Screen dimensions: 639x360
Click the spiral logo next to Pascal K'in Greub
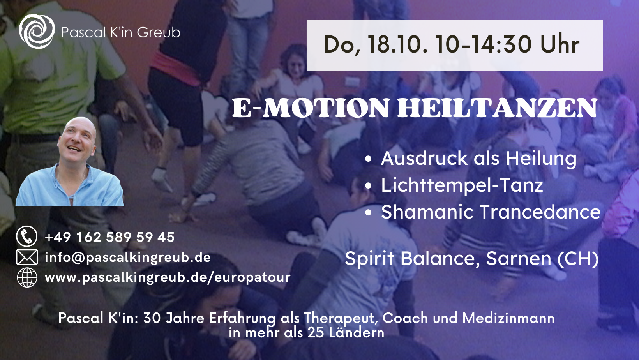(37, 32)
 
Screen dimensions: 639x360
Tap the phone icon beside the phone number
(27, 236)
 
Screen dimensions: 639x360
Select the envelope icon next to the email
(27, 257)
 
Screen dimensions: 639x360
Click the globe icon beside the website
(27, 277)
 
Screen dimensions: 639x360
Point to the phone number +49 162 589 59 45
(109, 237)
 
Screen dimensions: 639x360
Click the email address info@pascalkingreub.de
(128, 258)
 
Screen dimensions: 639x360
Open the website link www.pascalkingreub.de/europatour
(168, 277)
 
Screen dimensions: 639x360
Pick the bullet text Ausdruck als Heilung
(479, 159)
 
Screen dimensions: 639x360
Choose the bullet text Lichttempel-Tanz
(462, 185)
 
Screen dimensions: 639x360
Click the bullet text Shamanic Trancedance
(491, 212)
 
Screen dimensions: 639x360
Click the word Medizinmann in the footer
(508, 318)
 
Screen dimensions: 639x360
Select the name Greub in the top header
(159, 32)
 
